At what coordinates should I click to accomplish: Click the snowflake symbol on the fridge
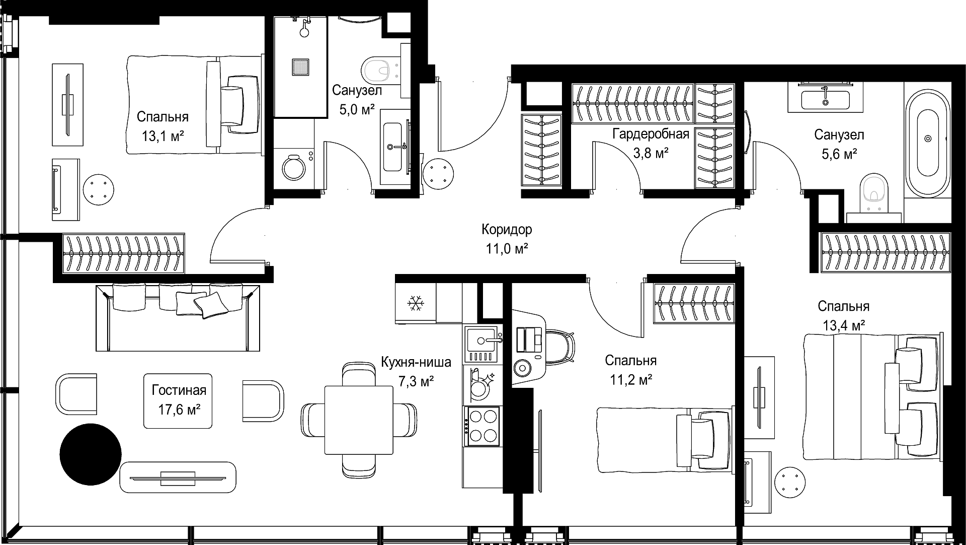[x=416, y=303]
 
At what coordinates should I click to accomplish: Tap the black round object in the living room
[x=91, y=454]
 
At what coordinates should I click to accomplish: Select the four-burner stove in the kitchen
[x=482, y=426]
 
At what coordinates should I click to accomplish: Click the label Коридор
[x=507, y=230]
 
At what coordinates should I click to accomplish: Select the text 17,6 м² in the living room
[x=180, y=410]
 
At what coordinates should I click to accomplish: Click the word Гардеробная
[x=651, y=134]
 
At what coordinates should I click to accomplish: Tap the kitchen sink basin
[x=481, y=338]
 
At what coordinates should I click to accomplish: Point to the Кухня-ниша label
[x=416, y=362]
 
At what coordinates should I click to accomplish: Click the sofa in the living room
[x=178, y=317]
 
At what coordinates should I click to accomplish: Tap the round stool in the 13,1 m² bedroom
[x=98, y=189]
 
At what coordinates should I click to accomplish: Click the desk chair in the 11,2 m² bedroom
[x=560, y=347]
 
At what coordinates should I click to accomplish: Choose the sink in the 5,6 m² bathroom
[x=825, y=98]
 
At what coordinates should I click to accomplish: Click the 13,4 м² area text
[x=844, y=325]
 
